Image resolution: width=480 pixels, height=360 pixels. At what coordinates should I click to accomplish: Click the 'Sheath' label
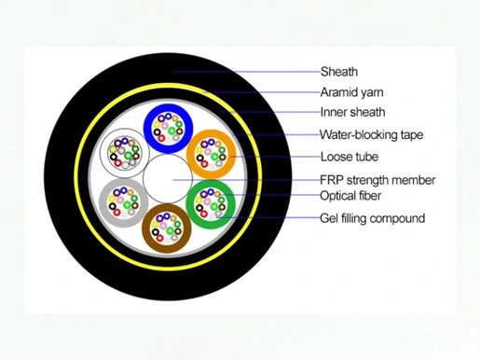click(x=339, y=72)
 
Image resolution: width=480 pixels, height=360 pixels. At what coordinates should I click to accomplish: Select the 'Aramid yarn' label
click(x=351, y=92)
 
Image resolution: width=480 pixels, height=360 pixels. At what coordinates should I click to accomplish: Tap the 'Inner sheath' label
click(x=352, y=112)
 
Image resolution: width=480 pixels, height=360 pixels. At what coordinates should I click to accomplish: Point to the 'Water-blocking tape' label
click(x=372, y=135)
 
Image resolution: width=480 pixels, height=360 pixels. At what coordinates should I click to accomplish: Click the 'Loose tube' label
click(x=350, y=157)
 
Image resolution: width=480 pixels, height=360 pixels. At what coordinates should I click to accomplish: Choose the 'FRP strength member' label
click(x=377, y=180)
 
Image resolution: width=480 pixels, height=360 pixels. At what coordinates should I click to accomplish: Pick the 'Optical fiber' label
click(x=350, y=196)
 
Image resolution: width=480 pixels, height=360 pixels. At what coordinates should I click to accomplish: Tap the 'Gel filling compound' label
click(x=372, y=218)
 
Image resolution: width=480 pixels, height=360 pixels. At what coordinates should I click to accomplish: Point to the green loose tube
click(x=190, y=204)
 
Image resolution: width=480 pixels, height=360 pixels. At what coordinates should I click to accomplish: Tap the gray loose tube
click(x=103, y=203)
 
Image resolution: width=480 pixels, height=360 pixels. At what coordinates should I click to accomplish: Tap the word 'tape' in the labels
click(x=412, y=135)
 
